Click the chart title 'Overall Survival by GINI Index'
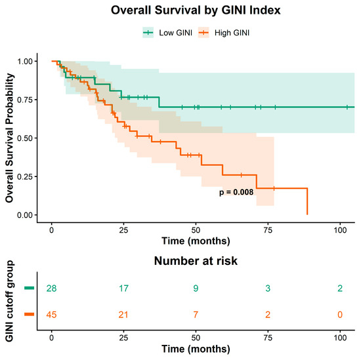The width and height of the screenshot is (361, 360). [x=196, y=10]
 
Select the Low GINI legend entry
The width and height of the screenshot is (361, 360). [x=167, y=33]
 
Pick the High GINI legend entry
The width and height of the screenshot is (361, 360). [x=224, y=33]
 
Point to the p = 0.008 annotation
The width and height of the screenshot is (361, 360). [x=236, y=192]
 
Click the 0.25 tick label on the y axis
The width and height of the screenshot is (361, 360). [x=25, y=176]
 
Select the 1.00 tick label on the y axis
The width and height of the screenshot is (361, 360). [x=25, y=61]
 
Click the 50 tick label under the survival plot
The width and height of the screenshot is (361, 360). [x=196, y=230]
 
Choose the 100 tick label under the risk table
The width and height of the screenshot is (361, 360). [x=340, y=338]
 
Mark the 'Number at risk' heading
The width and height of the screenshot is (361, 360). [x=196, y=261]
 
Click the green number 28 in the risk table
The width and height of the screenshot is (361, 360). [x=51, y=289]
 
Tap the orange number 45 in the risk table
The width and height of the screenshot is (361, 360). [x=51, y=315]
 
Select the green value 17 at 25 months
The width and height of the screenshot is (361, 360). [x=123, y=289]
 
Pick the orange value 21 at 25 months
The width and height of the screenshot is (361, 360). [x=123, y=315]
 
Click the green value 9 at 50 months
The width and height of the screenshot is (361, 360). [x=196, y=289]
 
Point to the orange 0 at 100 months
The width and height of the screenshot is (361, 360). [x=340, y=315]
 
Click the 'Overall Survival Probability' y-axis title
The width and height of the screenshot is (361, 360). [x=9, y=138]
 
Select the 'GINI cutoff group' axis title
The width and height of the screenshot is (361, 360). [x=9, y=301]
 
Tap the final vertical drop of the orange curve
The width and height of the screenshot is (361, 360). [x=307, y=201]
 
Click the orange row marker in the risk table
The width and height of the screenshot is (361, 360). [x=30, y=314]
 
